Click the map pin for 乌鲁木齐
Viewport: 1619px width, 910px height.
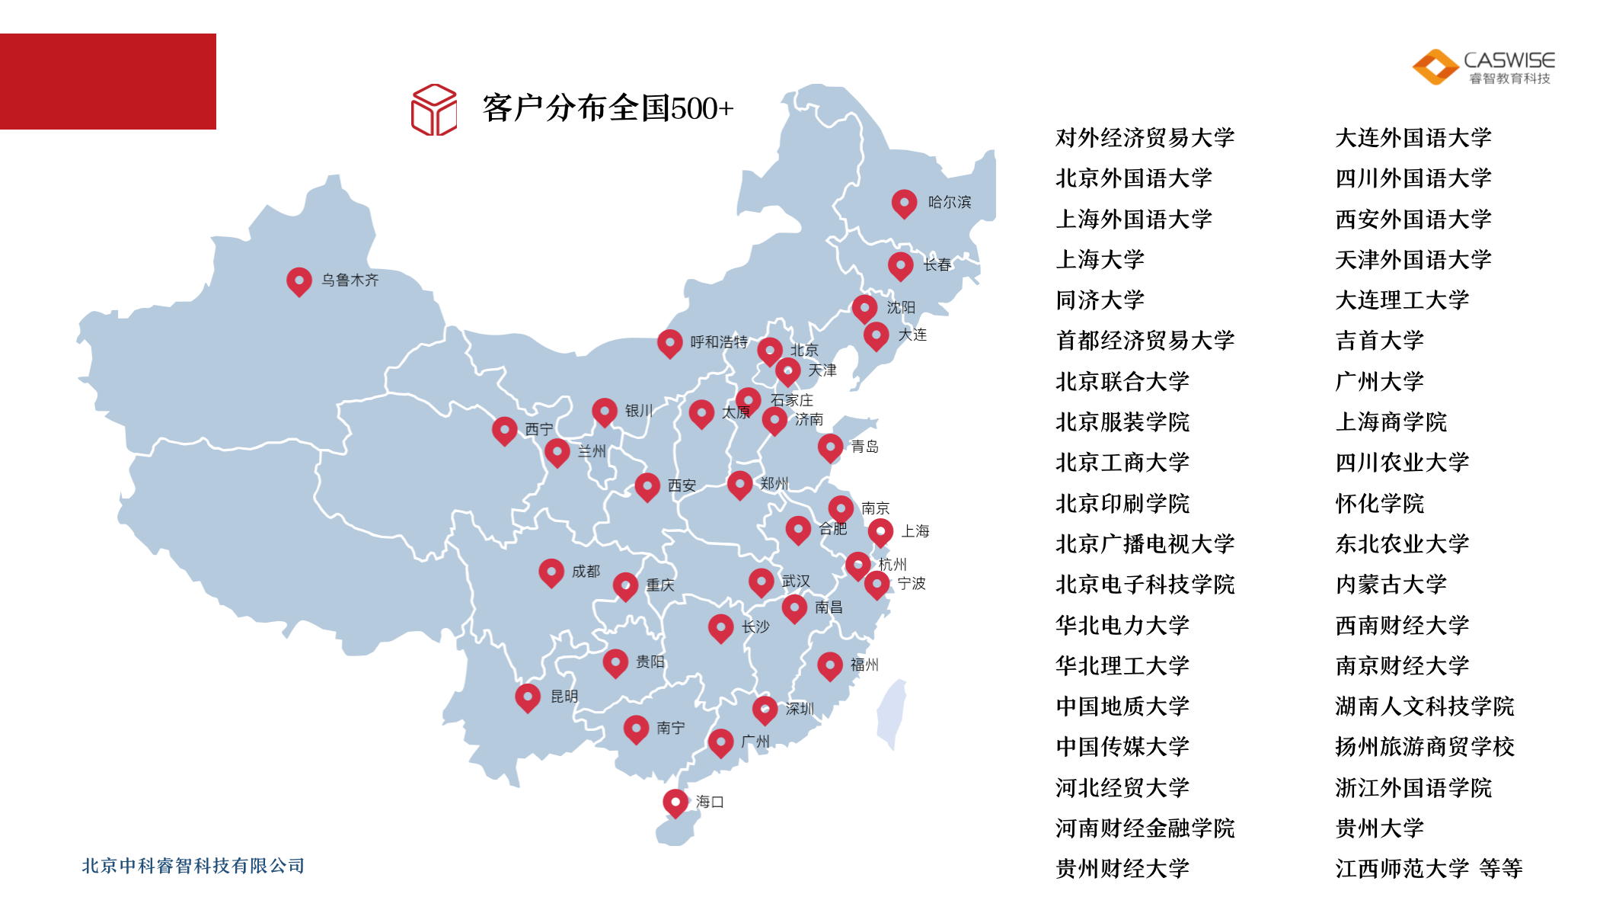(299, 280)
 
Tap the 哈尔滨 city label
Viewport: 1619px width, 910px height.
(949, 202)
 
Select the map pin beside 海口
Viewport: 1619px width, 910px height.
(675, 802)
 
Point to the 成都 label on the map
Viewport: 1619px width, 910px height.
(586, 571)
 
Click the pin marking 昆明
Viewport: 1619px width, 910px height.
(528, 696)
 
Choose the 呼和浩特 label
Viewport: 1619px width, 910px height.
(718, 342)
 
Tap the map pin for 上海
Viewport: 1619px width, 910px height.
(880, 531)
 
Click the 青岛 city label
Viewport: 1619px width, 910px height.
(864, 447)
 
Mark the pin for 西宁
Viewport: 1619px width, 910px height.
(504, 430)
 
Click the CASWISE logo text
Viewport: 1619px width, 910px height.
(1509, 60)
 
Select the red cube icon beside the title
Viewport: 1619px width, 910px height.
(434, 110)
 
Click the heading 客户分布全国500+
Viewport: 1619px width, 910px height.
(608, 108)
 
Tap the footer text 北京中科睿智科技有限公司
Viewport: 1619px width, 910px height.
(193, 866)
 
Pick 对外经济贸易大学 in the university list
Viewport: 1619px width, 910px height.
(1144, 138)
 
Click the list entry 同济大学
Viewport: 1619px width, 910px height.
(1100, 300)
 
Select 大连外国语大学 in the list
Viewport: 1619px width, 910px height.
(1413, 138)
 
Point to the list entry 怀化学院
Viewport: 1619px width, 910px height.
(1379, 503)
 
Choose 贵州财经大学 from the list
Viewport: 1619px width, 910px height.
(1122, 868)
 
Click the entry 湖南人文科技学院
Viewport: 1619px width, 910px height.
(1424, 707)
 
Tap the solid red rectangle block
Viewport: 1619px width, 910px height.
(108, 82)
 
